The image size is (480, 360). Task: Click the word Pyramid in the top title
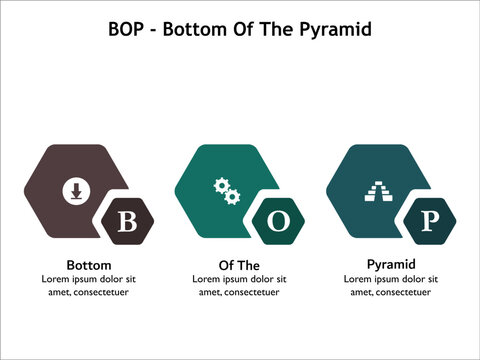tap(336, 29)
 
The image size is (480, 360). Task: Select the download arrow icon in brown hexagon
tap(75, 190)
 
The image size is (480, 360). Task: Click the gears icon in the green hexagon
tap(226, 190)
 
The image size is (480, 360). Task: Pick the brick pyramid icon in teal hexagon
tap(377, 190)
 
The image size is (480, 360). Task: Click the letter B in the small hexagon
tap(127, 222)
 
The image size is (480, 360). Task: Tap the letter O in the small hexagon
tap(278, 222)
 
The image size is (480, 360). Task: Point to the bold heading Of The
tap(239, 264)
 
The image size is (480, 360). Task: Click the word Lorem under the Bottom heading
tap(56, 279)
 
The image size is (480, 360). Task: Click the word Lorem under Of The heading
tap(207, 279)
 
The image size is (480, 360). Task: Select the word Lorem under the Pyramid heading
tap(358, 279)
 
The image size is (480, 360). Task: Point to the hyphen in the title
tap(155, 30)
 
